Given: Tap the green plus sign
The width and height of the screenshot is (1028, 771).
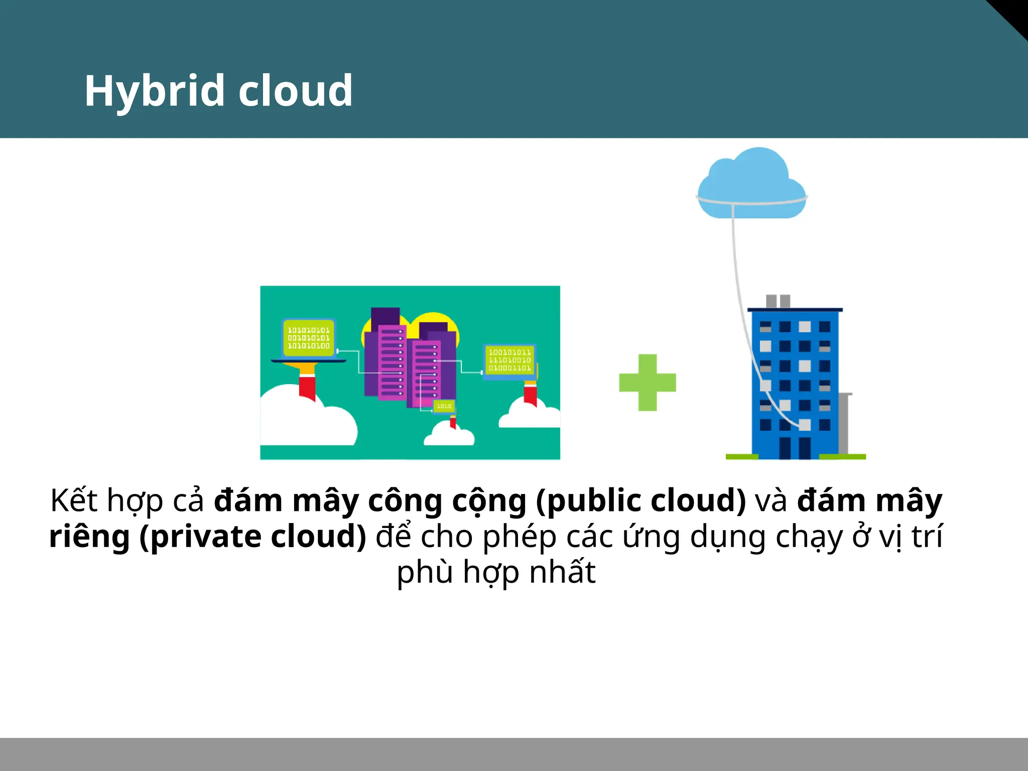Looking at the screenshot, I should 648,382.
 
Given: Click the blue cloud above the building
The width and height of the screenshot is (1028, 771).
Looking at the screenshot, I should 751,183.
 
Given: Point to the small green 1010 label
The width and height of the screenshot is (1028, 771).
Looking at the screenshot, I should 444,406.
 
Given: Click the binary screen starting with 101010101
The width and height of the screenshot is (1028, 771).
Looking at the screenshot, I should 308,338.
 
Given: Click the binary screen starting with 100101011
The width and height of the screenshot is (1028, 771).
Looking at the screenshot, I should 509,360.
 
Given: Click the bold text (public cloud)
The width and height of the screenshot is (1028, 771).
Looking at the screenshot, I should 641,500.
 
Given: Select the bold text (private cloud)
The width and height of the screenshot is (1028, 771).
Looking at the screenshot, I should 253,537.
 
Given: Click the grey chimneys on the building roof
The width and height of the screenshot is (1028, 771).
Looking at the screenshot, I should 778,301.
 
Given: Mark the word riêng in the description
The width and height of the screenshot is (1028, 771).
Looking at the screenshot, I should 89,537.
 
